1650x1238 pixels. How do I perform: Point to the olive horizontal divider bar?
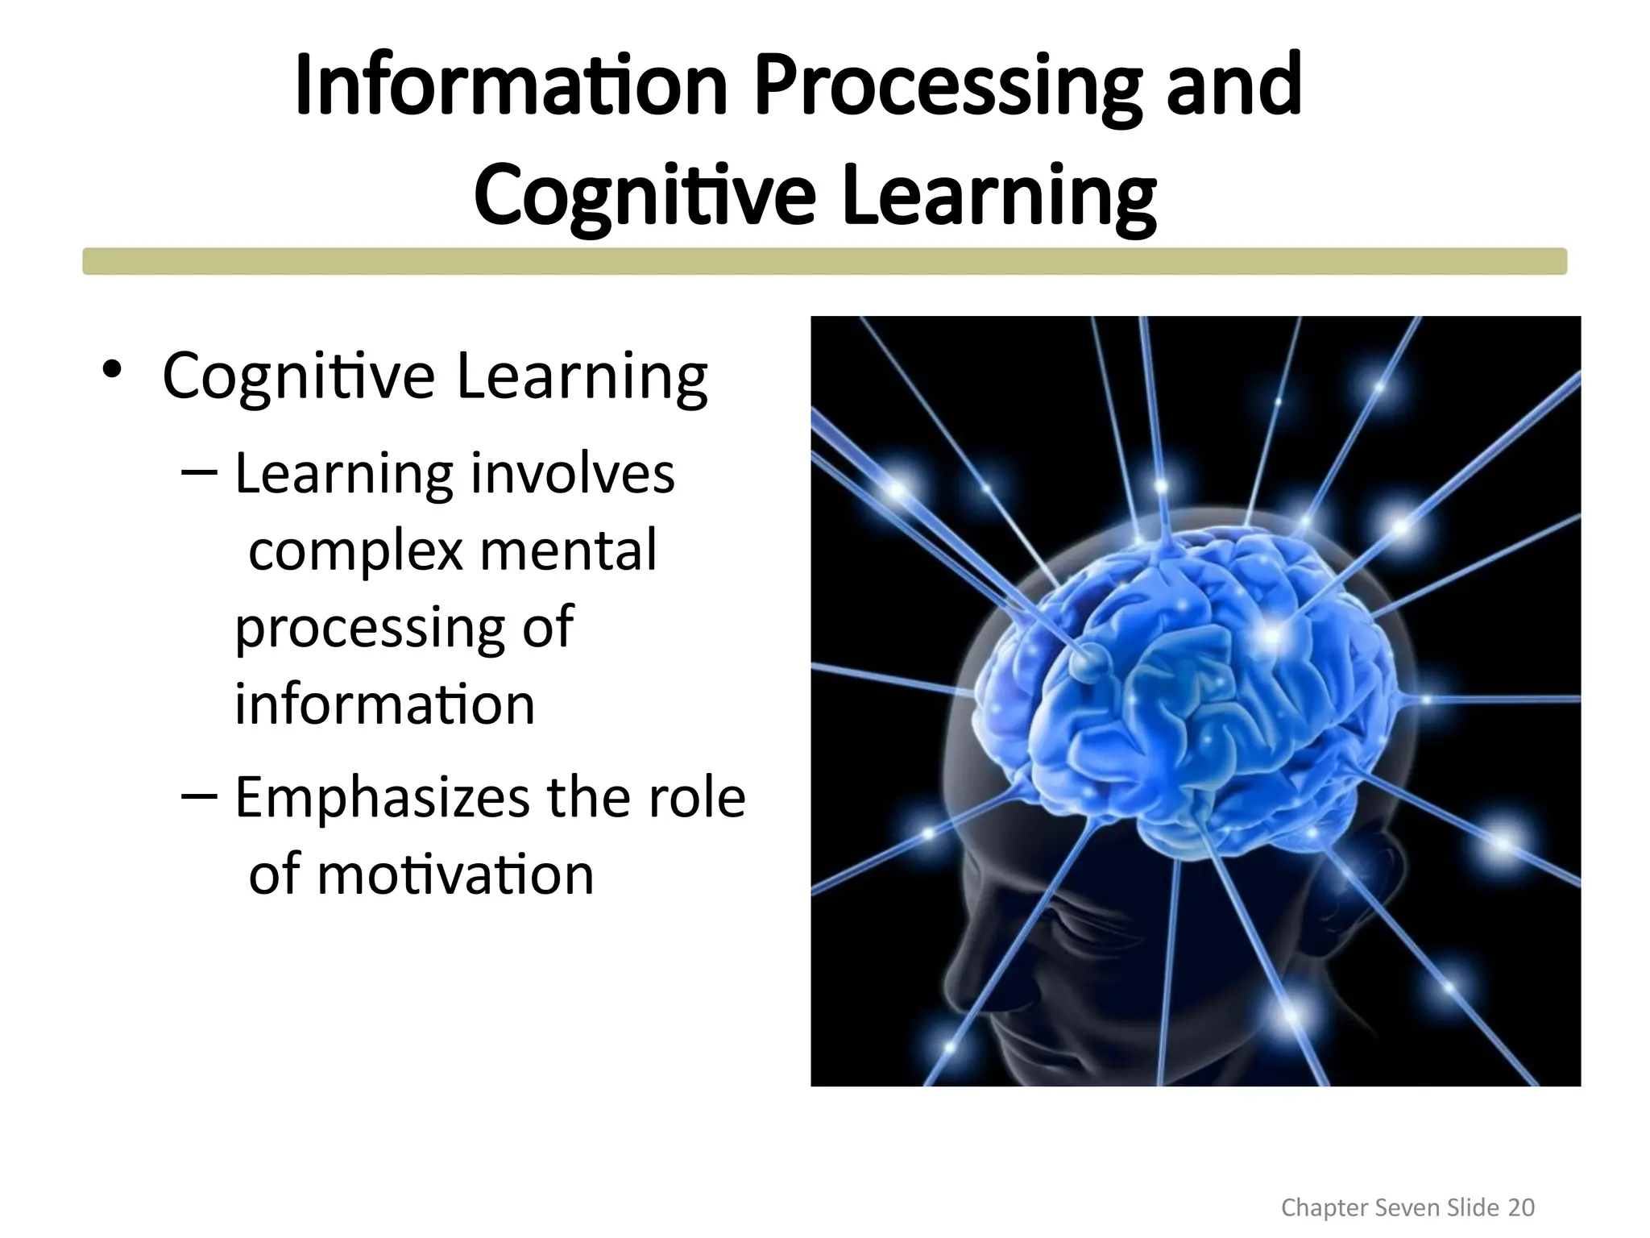[x=824, y=261]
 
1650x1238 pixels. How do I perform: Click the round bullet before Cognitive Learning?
[x=112, y=370]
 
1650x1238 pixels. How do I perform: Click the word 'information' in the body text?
[x=384, y=704]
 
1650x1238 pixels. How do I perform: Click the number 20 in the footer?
[x=1521, y=1207]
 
